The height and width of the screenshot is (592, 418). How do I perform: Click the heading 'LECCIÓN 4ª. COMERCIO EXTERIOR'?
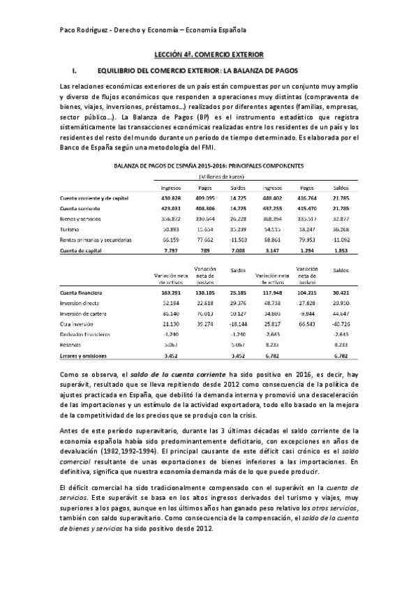209,54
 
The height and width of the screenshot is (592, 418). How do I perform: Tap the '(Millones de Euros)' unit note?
209,177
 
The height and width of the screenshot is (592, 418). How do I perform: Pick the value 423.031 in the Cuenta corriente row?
171,208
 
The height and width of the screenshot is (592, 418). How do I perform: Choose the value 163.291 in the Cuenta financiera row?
171,294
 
